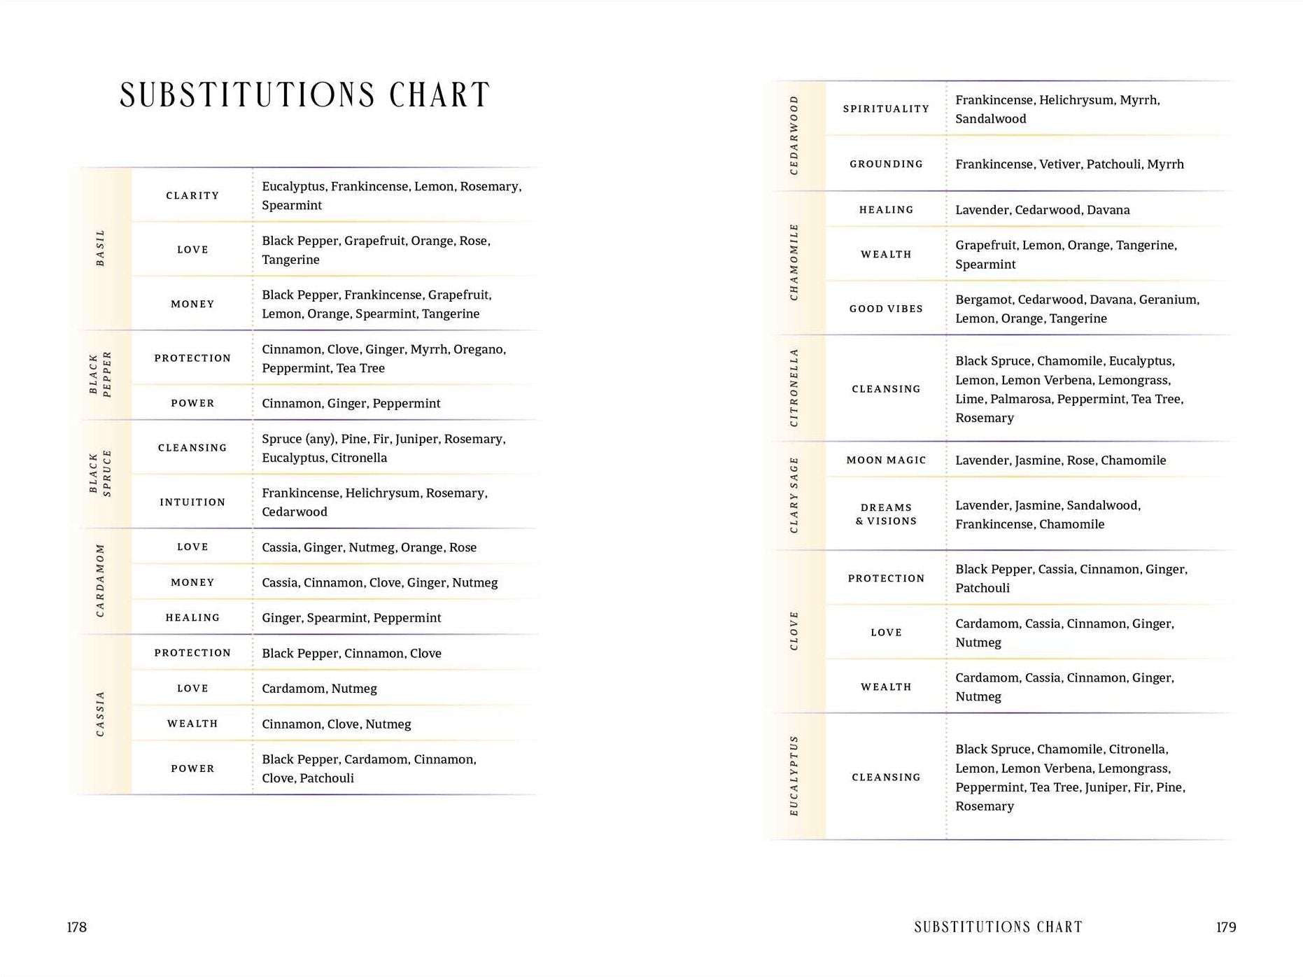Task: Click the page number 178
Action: pos(77,927)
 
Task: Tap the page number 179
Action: pos(1225,927)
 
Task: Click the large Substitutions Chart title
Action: pos(304,96)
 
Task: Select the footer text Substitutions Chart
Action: pos(998,927)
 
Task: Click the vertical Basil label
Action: pos(101,248)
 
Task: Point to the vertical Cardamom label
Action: pos(101,581)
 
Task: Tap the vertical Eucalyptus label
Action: pos(794,775)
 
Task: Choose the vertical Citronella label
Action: pos(794,388)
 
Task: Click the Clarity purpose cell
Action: pos(192,196)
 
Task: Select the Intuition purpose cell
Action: pos(192,502)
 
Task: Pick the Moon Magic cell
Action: pos(886,461)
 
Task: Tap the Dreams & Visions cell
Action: pos(886,514)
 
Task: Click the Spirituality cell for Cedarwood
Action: pos(886,109)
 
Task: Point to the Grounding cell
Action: pos(886,164)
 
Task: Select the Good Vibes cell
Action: pos(886,309)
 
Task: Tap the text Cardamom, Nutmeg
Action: pos(319,689)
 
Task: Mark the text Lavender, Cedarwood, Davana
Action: pos(1042,210)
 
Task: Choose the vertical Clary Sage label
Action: pos(794,495)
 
